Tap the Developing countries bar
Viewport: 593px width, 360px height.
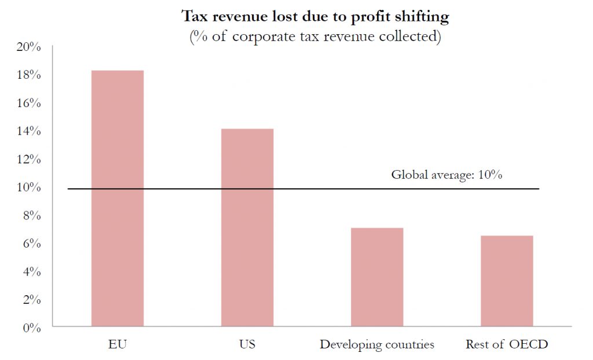[377, 277]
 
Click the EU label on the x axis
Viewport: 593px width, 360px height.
[118, 345]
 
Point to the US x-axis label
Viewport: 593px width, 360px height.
[247, 345]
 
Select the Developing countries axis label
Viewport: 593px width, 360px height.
[377, 345]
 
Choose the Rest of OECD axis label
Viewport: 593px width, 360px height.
[507, 345]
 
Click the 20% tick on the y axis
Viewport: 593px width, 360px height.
[28, 47]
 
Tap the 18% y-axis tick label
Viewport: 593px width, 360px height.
[28, 75]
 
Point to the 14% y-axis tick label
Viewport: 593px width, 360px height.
[28, 131]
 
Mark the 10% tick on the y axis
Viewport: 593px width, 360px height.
[28, 188]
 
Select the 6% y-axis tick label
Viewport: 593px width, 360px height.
[31, 244]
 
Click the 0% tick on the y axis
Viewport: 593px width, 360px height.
[31, 328]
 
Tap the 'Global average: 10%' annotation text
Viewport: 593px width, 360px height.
[446, 175]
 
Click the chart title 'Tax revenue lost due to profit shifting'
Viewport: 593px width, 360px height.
[316, 16]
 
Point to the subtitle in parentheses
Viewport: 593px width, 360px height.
[316, 36]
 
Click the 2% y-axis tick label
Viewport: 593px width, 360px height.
[31, 300]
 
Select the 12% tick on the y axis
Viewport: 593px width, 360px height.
[28, 160]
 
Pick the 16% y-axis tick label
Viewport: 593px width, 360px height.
[28, 104]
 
